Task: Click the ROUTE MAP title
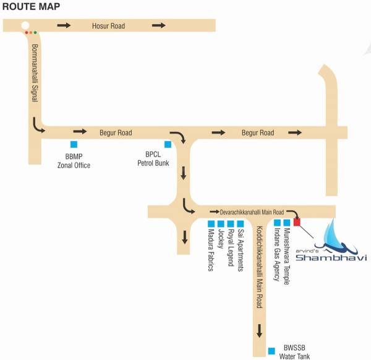(30, 7)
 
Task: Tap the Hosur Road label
(109, 25)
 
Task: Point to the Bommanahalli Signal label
(35, 68)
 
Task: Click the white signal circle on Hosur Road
(25, 26)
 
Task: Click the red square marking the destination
(297, 222)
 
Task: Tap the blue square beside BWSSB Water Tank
(271, 351)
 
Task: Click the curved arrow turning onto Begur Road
(38, 127)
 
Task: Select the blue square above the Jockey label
(221, 223)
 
